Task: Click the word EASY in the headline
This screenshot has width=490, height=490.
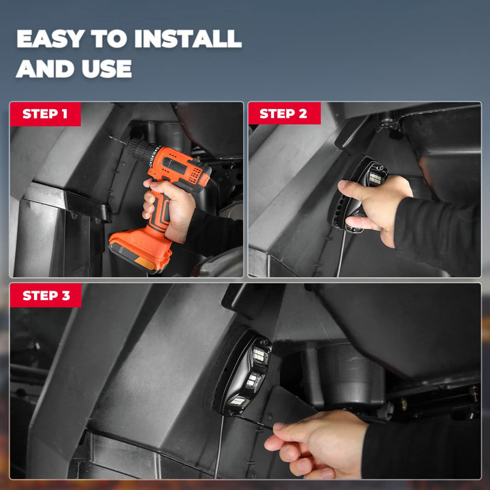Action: (50, 39)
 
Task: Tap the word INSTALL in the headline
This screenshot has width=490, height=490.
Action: (188, 39)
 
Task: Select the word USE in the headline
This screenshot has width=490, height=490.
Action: (107, 69)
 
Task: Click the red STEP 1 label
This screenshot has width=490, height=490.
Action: (46, 114)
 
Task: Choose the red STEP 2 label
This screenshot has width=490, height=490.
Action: (284, 113)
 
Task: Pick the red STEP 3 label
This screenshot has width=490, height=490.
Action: (46, 295)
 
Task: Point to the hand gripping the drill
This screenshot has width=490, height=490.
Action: (169, 208)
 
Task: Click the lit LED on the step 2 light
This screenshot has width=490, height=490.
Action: (375, 178)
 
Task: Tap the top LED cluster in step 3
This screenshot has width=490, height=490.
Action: (260, 355)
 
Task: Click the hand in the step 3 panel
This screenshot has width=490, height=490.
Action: (316, 444)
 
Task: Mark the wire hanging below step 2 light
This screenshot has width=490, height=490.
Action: (342, 252)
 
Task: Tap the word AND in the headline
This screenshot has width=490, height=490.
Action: (45, 69)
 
